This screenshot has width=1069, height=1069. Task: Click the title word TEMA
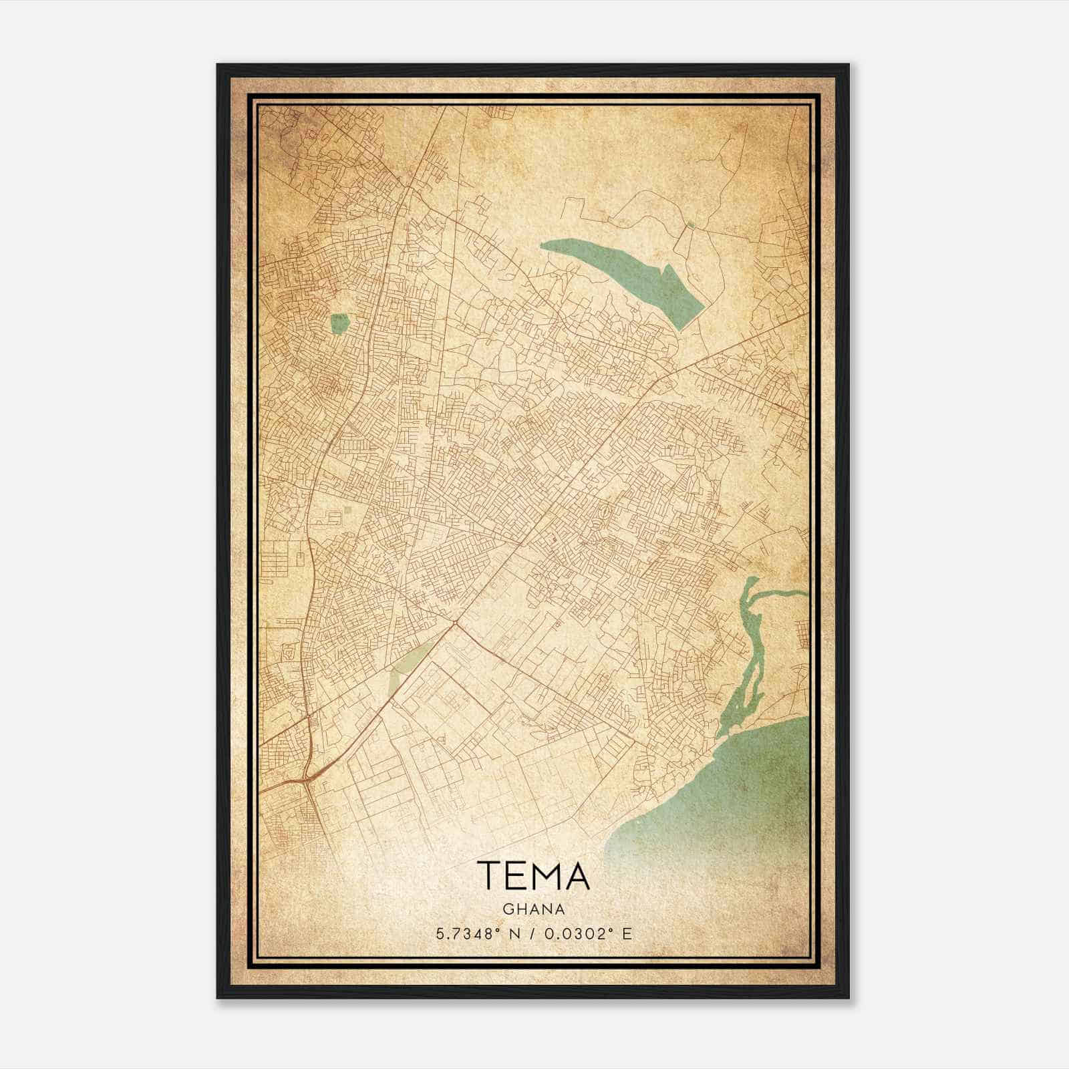[x=533, y=876]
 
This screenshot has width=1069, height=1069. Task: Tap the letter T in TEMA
[x=488, y=876]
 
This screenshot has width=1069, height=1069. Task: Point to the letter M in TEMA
[x=547, y=876]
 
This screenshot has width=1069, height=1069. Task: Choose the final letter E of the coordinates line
[x=627, y=934]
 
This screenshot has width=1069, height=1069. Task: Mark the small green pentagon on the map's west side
[x=339, y=324]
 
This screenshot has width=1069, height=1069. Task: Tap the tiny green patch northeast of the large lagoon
[x=690, y=226]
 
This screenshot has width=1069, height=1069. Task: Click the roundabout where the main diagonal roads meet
[x=454, y=624]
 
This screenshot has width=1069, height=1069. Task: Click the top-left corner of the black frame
[x=218, y=65]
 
